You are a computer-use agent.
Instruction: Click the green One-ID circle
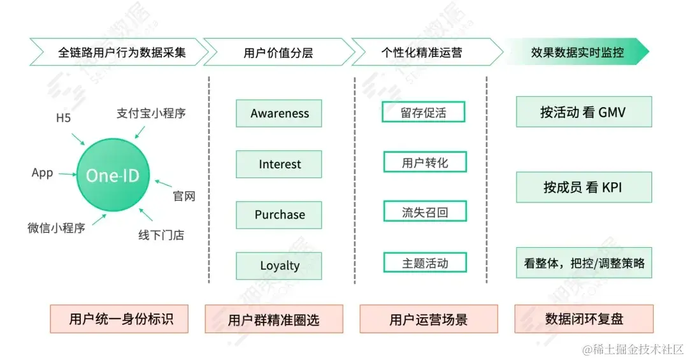112,175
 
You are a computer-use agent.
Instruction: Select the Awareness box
279,113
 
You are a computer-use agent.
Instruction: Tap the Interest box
279,164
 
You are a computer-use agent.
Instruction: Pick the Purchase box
279,215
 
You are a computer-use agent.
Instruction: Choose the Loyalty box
279,266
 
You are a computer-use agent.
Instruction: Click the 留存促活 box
424,113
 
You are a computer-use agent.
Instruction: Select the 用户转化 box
425,162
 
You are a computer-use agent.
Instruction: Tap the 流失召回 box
425,212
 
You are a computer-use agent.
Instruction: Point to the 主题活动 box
425,263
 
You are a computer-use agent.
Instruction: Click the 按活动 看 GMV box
584,112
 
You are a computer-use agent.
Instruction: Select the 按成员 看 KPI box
584,187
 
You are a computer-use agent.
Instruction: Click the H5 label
64,119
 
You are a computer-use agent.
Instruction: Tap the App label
42,173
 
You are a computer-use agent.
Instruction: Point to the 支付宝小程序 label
152,113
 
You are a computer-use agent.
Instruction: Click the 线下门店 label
161,235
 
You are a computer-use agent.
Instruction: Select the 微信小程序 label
56,228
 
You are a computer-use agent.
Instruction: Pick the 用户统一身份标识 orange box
120,319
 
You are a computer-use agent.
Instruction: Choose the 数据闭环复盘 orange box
584,319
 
